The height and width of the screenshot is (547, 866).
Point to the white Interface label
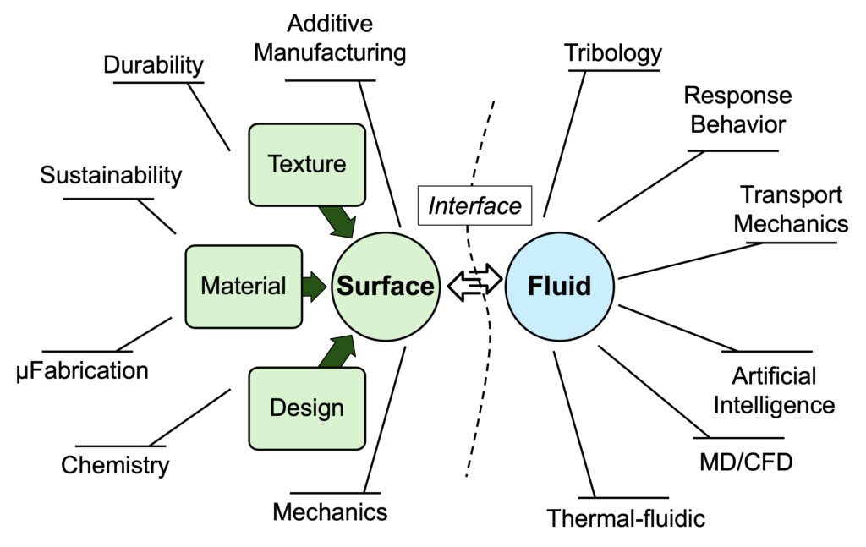[x=474, y=205]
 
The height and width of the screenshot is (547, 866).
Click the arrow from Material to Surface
[x=314, y=286]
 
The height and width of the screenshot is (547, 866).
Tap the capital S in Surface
[x=345, y=286]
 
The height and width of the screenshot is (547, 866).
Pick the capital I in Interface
[x=433, y=205]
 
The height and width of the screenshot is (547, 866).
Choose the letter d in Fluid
[x=583, y=286]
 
